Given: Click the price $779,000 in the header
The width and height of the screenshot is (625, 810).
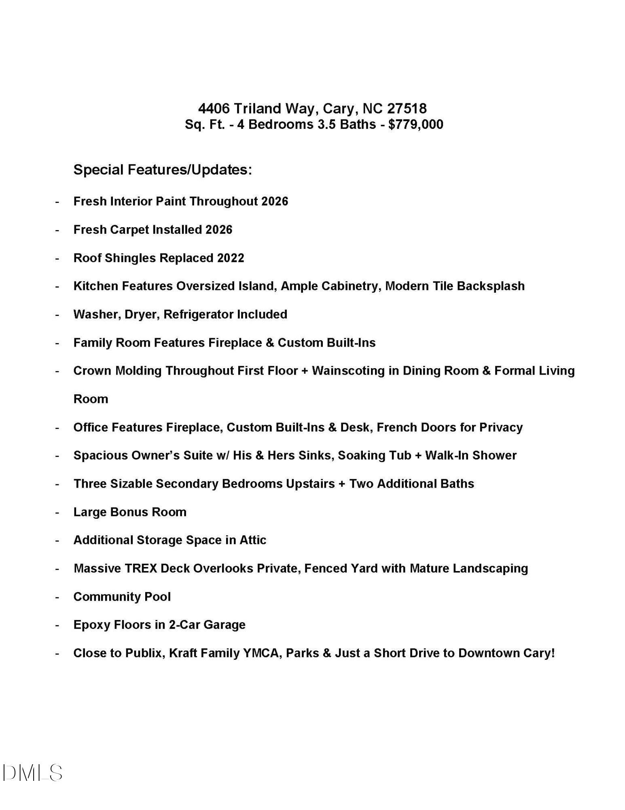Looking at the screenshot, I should (415, 124).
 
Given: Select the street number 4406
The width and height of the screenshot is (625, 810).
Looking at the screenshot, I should (214, 108).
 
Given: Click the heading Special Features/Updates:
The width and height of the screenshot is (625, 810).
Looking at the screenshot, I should (163, 169).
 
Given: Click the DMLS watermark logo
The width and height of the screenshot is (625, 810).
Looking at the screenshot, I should (32, 773).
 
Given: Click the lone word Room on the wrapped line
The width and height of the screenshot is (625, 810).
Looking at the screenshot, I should (91, 399).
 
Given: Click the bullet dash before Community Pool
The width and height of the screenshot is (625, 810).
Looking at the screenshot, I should (57, 597).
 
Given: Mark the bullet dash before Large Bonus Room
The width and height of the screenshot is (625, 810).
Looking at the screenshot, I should (57, 512).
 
